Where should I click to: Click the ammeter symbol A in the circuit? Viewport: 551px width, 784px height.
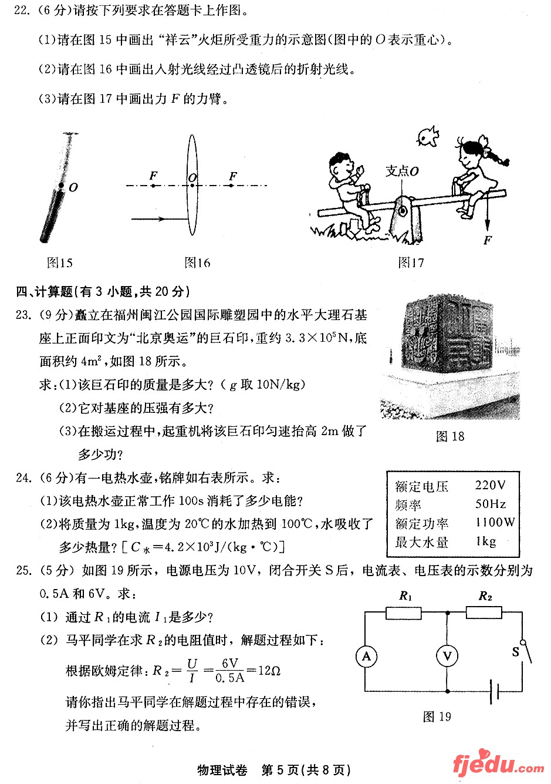click(x=366, y=656)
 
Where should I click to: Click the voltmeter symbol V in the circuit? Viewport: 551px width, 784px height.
click(x=447, y=656)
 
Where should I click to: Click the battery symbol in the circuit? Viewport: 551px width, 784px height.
click(x=495, y=691)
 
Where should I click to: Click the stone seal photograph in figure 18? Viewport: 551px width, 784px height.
click(x=450, y=358)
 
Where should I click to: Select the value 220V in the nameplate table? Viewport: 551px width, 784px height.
click(x=489, y=485)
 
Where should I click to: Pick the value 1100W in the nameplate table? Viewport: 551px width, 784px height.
click(x=495, y=522)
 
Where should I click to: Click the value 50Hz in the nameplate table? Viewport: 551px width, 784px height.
click(x=490, y=504)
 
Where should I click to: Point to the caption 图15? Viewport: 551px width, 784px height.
click(x=59, y=263)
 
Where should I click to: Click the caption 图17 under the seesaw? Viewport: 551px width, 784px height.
click(x=410, y=263)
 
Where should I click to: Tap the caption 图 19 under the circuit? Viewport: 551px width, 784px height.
click(x=437, y=716)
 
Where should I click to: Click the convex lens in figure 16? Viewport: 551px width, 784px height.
click(x=192, y=185)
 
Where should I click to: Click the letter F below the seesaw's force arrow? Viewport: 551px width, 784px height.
click(x=487, y=240)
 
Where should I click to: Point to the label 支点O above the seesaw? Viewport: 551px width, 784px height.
click(x=402, y=171)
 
